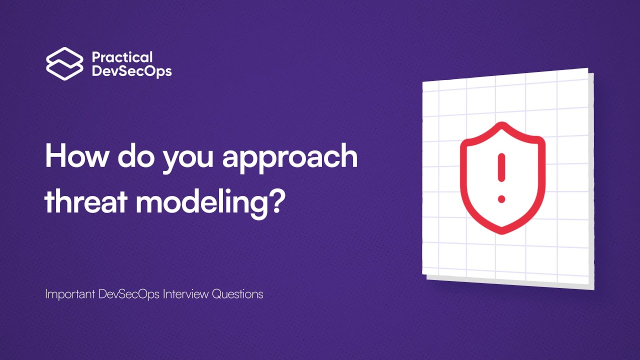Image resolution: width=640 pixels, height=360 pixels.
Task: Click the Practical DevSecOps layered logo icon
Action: point(64,63)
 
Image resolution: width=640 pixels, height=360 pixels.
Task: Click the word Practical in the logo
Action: point(122,57)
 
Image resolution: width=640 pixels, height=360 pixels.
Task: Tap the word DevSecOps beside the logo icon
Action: point(131,71)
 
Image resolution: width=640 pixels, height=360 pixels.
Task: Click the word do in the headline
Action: point(132,156)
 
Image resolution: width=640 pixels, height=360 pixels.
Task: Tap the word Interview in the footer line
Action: point(186,294)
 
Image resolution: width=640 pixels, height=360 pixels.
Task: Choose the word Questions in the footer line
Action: point(237,294)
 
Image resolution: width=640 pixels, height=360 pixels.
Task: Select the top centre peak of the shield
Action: point(502,125)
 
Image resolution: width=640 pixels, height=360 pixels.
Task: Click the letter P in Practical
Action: point(96,57)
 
